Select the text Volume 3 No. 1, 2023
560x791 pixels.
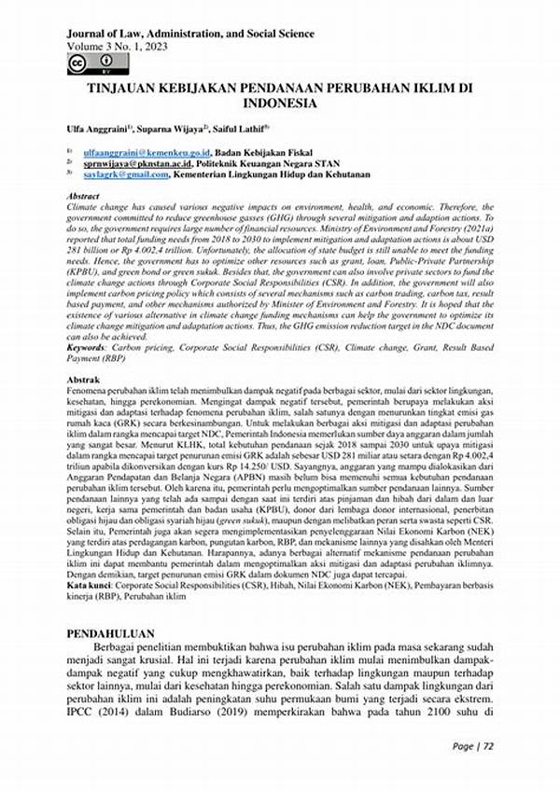pyautogui.click(x=118, y=47)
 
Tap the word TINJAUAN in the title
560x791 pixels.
pyautogui.click(x=124, y=84)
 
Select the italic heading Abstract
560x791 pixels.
pyautogui.click(x=85, y=196)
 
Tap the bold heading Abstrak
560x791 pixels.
pyautogui.click(x=83, y=382)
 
